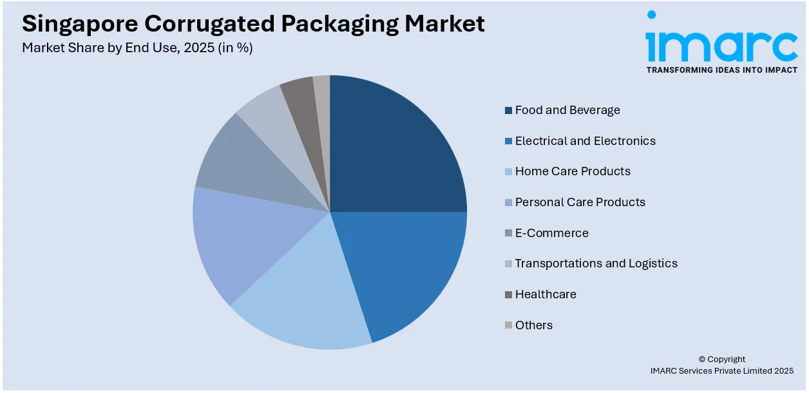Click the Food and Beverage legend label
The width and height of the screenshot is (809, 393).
pos(567,110)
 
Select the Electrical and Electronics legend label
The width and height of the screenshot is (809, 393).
pos(585,141)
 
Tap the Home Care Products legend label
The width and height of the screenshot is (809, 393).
pos(573,171)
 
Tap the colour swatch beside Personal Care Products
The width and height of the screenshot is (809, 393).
pos(508,203)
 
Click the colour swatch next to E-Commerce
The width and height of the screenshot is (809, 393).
pos(508,233)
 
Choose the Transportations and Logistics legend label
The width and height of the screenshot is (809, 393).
pos(596,264)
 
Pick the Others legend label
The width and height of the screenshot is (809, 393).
pos(533,325)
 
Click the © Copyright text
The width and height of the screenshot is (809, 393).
pos(721,359)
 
